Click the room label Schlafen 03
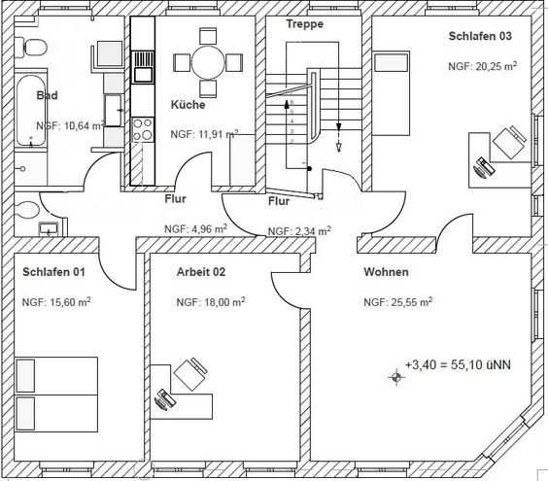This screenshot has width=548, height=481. click(480, 36)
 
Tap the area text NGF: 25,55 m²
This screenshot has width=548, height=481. click(398, 302)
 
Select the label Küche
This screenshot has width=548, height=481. click(188, 105)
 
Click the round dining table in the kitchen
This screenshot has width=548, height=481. click(208, 63)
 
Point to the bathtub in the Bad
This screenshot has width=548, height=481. click(31, 111)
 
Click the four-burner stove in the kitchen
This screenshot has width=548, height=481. click(143, 129)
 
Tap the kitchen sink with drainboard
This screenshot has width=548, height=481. click(143, 67)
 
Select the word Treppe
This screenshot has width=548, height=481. click(305, 23)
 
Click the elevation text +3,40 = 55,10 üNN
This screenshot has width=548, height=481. click(458, 364)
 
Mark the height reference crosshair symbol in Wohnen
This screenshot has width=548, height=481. click(396, 377)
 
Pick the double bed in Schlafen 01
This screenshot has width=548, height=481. click(56, 395)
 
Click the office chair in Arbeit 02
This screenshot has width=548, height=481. click(190, 373)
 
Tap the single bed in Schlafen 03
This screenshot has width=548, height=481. click(391, 93)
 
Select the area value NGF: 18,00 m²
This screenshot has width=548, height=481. click(211, 302)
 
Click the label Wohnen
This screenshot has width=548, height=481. click(386, 272)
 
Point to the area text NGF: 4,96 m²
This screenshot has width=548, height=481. click(195, 229)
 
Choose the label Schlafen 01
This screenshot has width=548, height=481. click(53, 272)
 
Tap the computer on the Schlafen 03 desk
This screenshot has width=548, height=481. click(483, 168)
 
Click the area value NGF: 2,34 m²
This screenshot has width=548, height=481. click(299, 231)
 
